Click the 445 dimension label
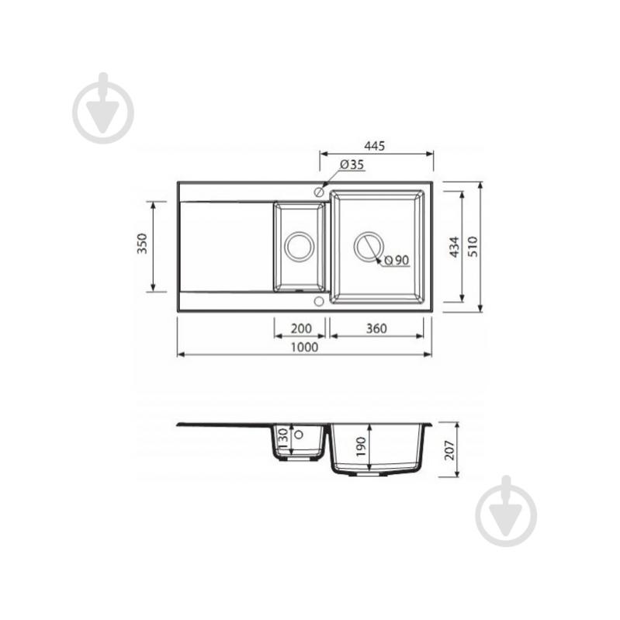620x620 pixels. coord(374,146)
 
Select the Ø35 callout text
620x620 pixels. coord(352,165)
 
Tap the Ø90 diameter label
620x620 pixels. coord(397,260)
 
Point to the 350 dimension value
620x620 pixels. coord(142,244)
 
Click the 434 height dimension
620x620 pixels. coord(455,247)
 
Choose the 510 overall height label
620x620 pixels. coord(473,247)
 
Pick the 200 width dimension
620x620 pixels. coord(301,328)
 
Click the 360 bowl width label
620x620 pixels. coord(376,328)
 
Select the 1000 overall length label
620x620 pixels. coord(304,347)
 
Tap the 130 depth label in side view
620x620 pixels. coord(283,438)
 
